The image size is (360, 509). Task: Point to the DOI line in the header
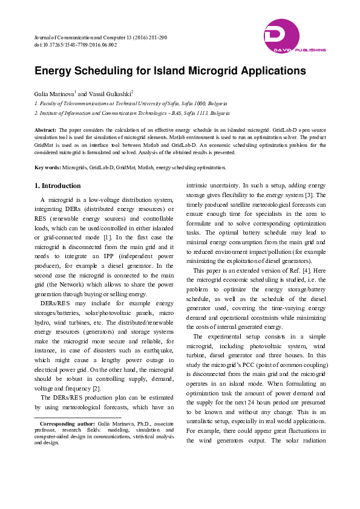[76, 44]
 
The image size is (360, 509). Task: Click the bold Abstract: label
[46, 130]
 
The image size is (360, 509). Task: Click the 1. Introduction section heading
[57, 185]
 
